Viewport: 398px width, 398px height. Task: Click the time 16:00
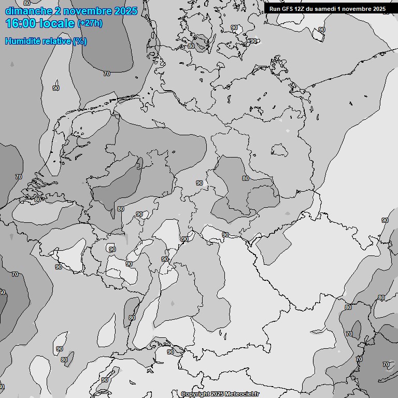[x=21, y=24]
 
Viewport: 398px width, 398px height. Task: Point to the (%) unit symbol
[x=80, y=41]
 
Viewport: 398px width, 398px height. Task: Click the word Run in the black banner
[x=275, y=9]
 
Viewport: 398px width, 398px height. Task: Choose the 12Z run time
[x=301, y=9]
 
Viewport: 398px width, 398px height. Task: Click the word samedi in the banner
[x=325, y=9]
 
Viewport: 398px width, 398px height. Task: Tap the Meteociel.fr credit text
[x=242, y=394]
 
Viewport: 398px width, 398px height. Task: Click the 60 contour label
[x=2, y=293]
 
